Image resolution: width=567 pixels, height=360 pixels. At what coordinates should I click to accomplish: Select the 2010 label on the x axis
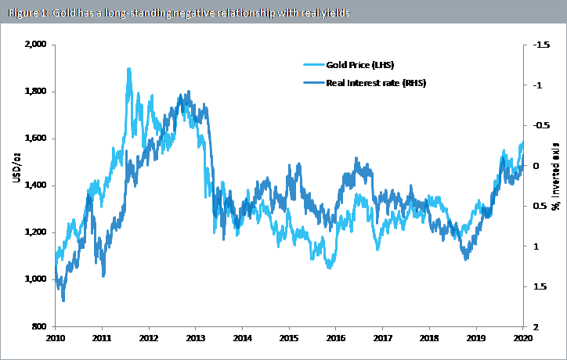coord(56,338)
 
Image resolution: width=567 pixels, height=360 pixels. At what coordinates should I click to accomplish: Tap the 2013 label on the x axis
coord(196,338)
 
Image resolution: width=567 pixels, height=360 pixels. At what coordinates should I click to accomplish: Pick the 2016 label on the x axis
coord(335,338)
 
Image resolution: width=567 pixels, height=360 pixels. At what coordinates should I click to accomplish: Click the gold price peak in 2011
coord(128,69)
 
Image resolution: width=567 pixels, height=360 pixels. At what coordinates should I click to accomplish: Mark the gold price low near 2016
coord(330,268)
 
